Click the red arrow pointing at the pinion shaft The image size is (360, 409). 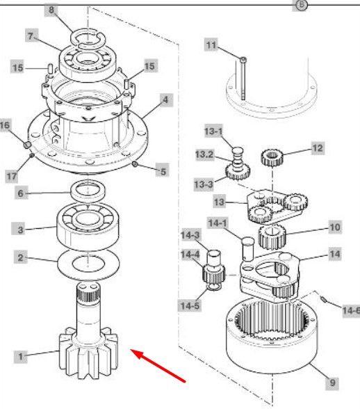coord(158,366)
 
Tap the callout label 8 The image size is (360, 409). coord(51,10)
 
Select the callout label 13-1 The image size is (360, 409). coord(214,131)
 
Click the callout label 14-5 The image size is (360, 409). coord(190,305)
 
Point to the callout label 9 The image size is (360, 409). coord(332,383)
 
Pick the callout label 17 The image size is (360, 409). coord(12,176)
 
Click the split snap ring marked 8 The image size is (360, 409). coord(88,39)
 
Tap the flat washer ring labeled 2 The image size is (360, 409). coord(88,264)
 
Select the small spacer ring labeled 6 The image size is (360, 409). coord(88,191)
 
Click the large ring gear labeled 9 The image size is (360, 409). coord(272,336)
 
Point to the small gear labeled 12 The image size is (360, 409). coord(272,157)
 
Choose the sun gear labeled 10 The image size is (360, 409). coord(272,236)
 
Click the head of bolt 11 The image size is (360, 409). coord(243,60)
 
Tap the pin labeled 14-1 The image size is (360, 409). coord(247,248)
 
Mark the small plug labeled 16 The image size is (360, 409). coord(27,145)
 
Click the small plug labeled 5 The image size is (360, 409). coord(135,164)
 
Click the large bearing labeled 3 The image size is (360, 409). coord(88,227)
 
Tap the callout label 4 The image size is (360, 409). coord(165,100)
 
